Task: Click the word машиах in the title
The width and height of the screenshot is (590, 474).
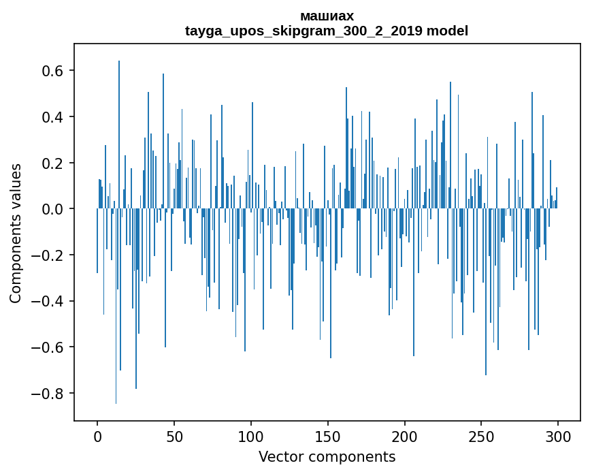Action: pyautogui.click(x=327, y=16)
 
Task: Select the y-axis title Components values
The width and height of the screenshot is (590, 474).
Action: pyautogui.click(x=16, y=233)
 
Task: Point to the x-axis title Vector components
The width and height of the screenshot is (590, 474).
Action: pyautogui.click(x=327, y=456)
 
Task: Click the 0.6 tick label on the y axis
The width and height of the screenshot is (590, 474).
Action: pyautogui.click(x=52, y=71)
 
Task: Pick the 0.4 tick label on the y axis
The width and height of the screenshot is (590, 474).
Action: pyautogui.click(x=52, y=117)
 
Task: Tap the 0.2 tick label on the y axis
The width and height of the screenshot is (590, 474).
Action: pyautogui.click(x=52, y=163)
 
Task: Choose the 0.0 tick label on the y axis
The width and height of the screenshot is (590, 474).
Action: pyautogui.click(x=52, y=209)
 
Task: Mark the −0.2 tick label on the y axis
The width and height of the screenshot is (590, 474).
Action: pyautogui.click(x=48, y=255)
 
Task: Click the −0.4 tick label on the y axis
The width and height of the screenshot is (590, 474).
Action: pyautogui.click(x=48, y=301)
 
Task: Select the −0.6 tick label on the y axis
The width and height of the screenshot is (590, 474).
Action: pyautogui.click(x=48, y=347)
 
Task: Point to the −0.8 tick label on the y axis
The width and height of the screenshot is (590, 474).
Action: pyautogui.click(x=48, y=394)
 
